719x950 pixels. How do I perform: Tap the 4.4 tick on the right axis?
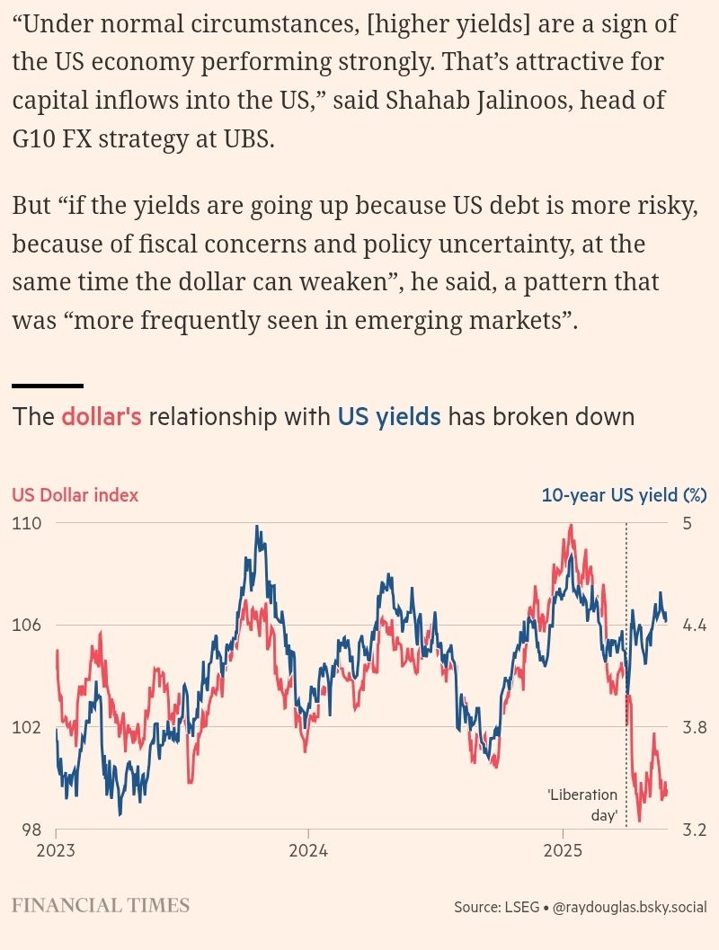click(x=693, y=625)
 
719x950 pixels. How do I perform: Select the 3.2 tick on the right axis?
click(x=693, y=830)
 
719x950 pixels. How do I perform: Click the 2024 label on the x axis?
click(x=308, y=850)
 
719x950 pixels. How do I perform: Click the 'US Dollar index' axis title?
click(x=75, y=494)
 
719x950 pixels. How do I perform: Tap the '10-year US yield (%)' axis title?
click(x=624, y=494)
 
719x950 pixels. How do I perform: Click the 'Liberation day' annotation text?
click(x=584, y=805)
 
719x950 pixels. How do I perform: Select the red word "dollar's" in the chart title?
click(x=102, y=417)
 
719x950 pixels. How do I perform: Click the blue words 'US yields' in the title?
click(x=389, y=417)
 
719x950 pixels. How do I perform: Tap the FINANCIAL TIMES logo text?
click(x=101, y=905)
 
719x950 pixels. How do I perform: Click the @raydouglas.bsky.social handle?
click(x=629, y=908)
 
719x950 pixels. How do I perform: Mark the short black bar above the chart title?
click(x=48, y=386)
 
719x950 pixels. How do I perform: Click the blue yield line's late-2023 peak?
click(x=258, y=528)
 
